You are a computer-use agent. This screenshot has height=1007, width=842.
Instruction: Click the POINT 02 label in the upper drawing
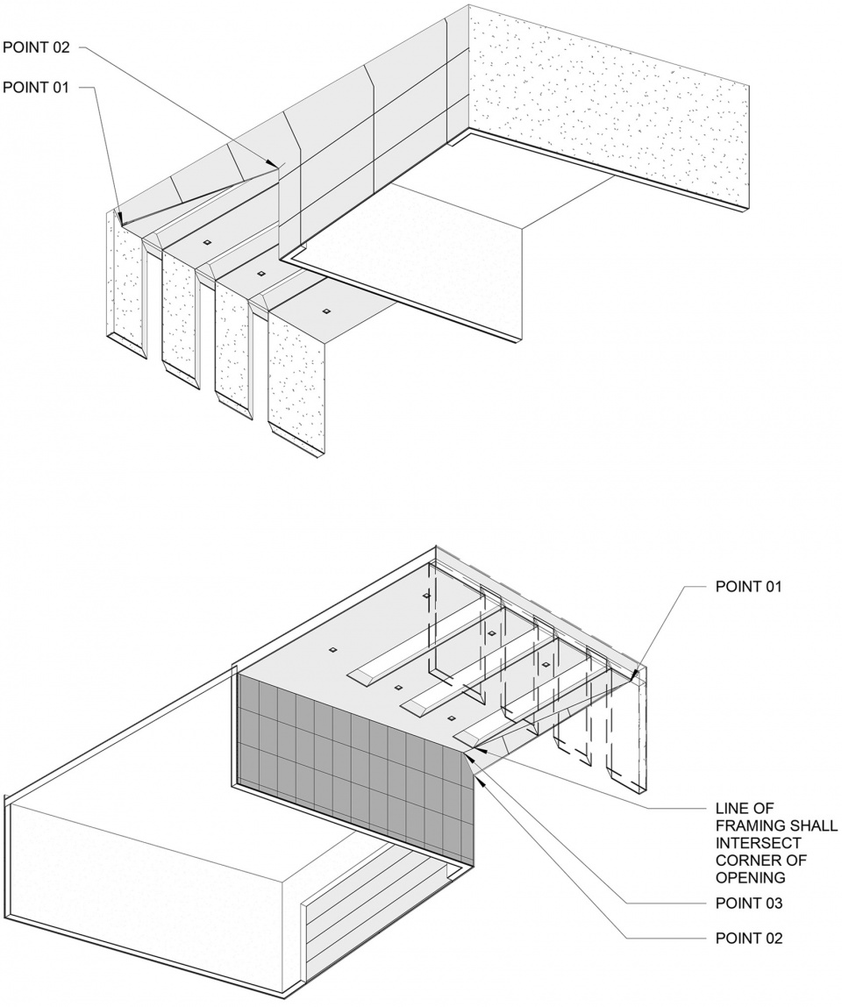pyautogui.click(x=36, y=46)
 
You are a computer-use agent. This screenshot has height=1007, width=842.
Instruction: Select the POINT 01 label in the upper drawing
pyautogui.click(x=35, y=88)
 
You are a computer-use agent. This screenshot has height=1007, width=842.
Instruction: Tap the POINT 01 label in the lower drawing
pyautogui.click(x=748, y=586)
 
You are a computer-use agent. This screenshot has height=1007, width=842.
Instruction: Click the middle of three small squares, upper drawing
pyautogui.click(x=260, y=274)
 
